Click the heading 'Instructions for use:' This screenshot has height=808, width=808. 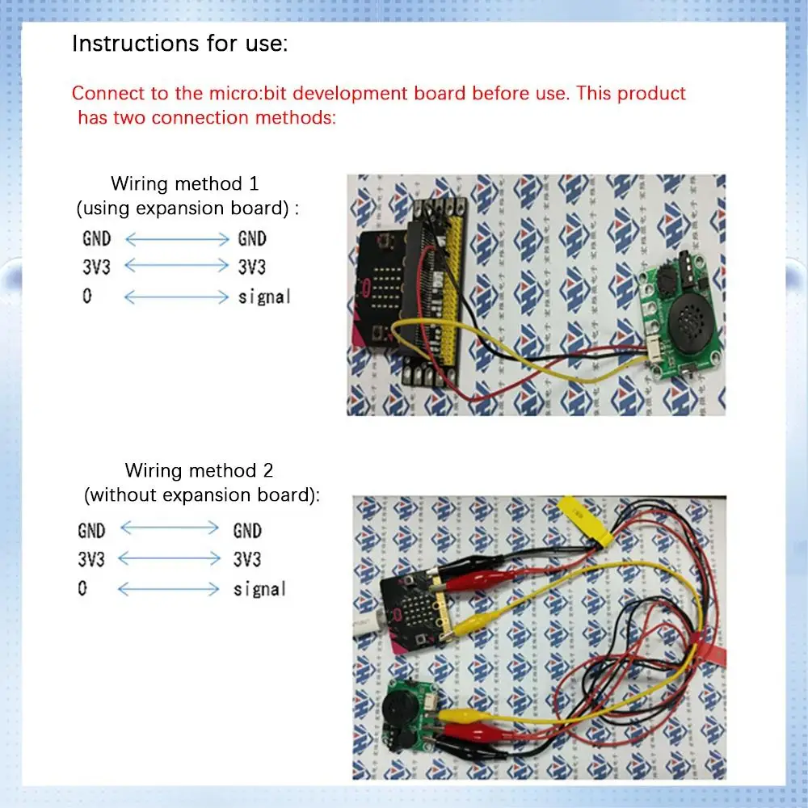[x=180, y=44]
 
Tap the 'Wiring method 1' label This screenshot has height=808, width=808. [x=185, y=183]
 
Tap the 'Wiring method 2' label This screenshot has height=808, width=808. [x=199, y=470]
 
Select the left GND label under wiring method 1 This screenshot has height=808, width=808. [x=97, y=238]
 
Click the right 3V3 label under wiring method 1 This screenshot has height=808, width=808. [x=252, y=267]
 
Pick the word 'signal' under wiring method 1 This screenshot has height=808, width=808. [x=264, y=297]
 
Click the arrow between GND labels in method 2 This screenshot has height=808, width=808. [x=170, y=528]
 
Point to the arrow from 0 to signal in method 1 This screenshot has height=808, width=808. [x=176, y=297]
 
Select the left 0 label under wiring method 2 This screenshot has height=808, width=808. [x=82, y=588]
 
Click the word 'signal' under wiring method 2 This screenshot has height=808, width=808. [x=259, y=589]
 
